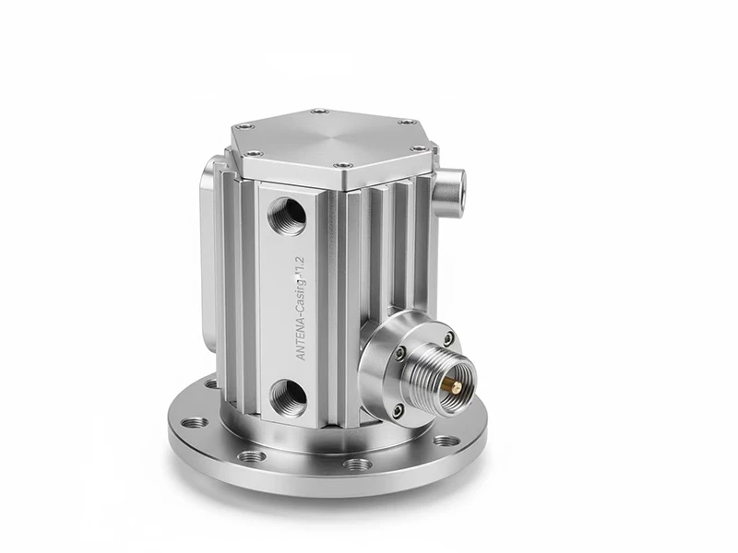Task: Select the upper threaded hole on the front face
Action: tap(288, 215)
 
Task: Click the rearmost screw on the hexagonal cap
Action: tap(318, 112)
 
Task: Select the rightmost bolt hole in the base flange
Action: tap(446, 440)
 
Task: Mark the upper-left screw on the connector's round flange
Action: tap(399, 352)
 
